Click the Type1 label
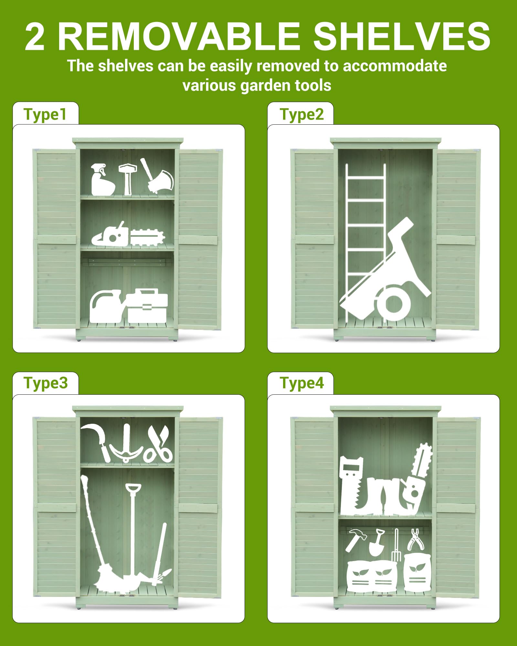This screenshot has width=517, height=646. click(x=45, y=115)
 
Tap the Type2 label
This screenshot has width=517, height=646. click(x=302, y=115)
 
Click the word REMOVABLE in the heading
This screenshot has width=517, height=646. click(x=179, y=36)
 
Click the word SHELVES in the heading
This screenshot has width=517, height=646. click(x=402, y=36)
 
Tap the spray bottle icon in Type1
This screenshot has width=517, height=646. click(x=102, y=180)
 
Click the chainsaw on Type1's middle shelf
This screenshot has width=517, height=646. click(x=128, y=235)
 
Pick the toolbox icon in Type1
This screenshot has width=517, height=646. click(x=147, y=306)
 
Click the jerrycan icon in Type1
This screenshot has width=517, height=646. click(x=105, y=306)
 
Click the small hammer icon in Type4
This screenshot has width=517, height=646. click(x=356, y=540)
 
